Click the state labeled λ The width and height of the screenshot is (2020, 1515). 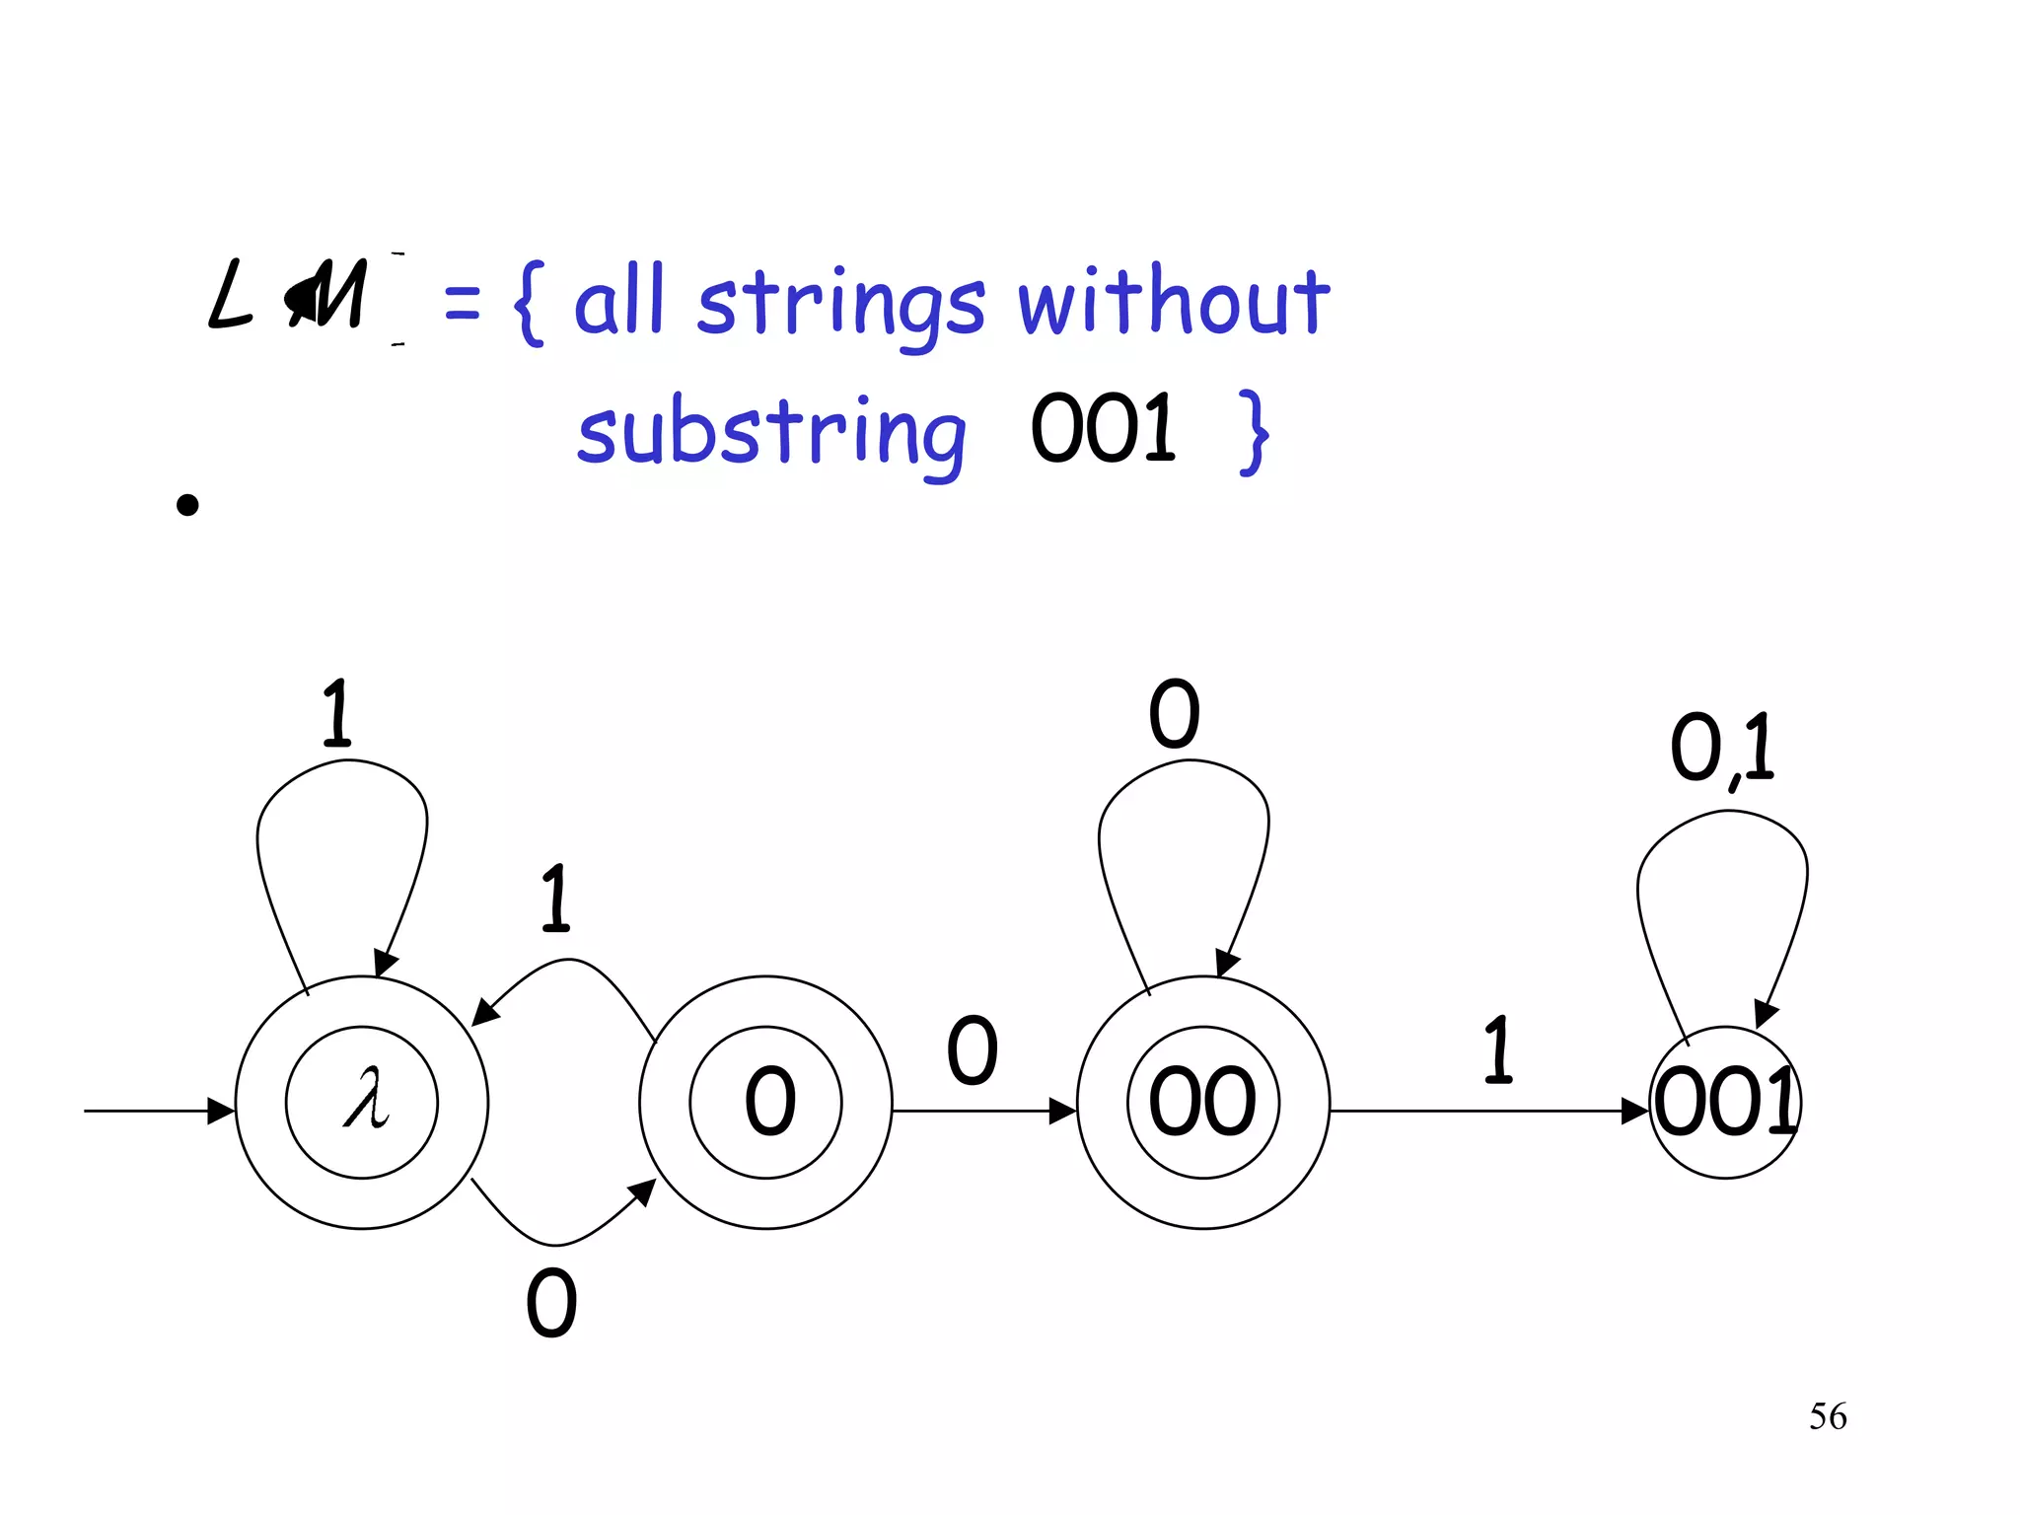point(362,1102)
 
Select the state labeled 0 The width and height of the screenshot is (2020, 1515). point(766,1102)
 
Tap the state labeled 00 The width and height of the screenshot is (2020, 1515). point(1203,1102)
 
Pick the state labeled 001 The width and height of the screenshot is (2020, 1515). point(1725,1102)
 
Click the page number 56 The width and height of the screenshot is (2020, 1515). point(1828,1416)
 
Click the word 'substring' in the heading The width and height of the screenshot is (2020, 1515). point(771,434)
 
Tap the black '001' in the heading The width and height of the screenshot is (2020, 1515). point(1103,429)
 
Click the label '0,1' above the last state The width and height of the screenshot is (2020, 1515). point(1721,749)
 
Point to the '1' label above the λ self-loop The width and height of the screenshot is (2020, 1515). point(336,713)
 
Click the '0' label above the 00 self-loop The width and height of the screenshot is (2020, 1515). point(1174,713)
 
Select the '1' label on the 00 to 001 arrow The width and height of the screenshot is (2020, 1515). point(1498,1050)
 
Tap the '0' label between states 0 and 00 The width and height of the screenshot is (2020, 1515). point(972,1050)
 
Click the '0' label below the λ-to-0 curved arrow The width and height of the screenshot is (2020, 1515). point(551,1303)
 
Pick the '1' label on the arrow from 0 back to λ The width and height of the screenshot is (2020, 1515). point(556,899)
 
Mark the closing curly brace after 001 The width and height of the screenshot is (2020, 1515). point(1253,432)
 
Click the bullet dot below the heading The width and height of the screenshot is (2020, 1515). point(187,505)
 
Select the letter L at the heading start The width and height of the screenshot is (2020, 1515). point(230,294)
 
